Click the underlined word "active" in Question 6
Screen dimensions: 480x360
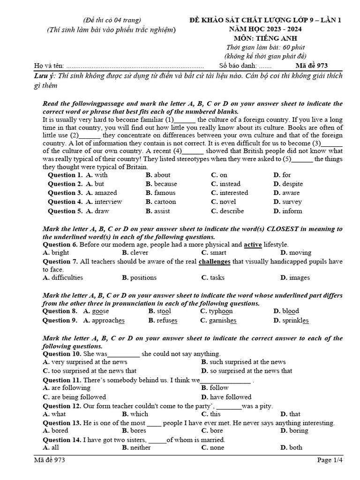[253, 245]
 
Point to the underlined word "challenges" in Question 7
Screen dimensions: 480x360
[215, 261]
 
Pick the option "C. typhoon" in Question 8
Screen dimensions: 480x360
[216, 311]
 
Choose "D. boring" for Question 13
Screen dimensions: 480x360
[294, 430]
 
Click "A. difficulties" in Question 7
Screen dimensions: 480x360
[63, 277]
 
